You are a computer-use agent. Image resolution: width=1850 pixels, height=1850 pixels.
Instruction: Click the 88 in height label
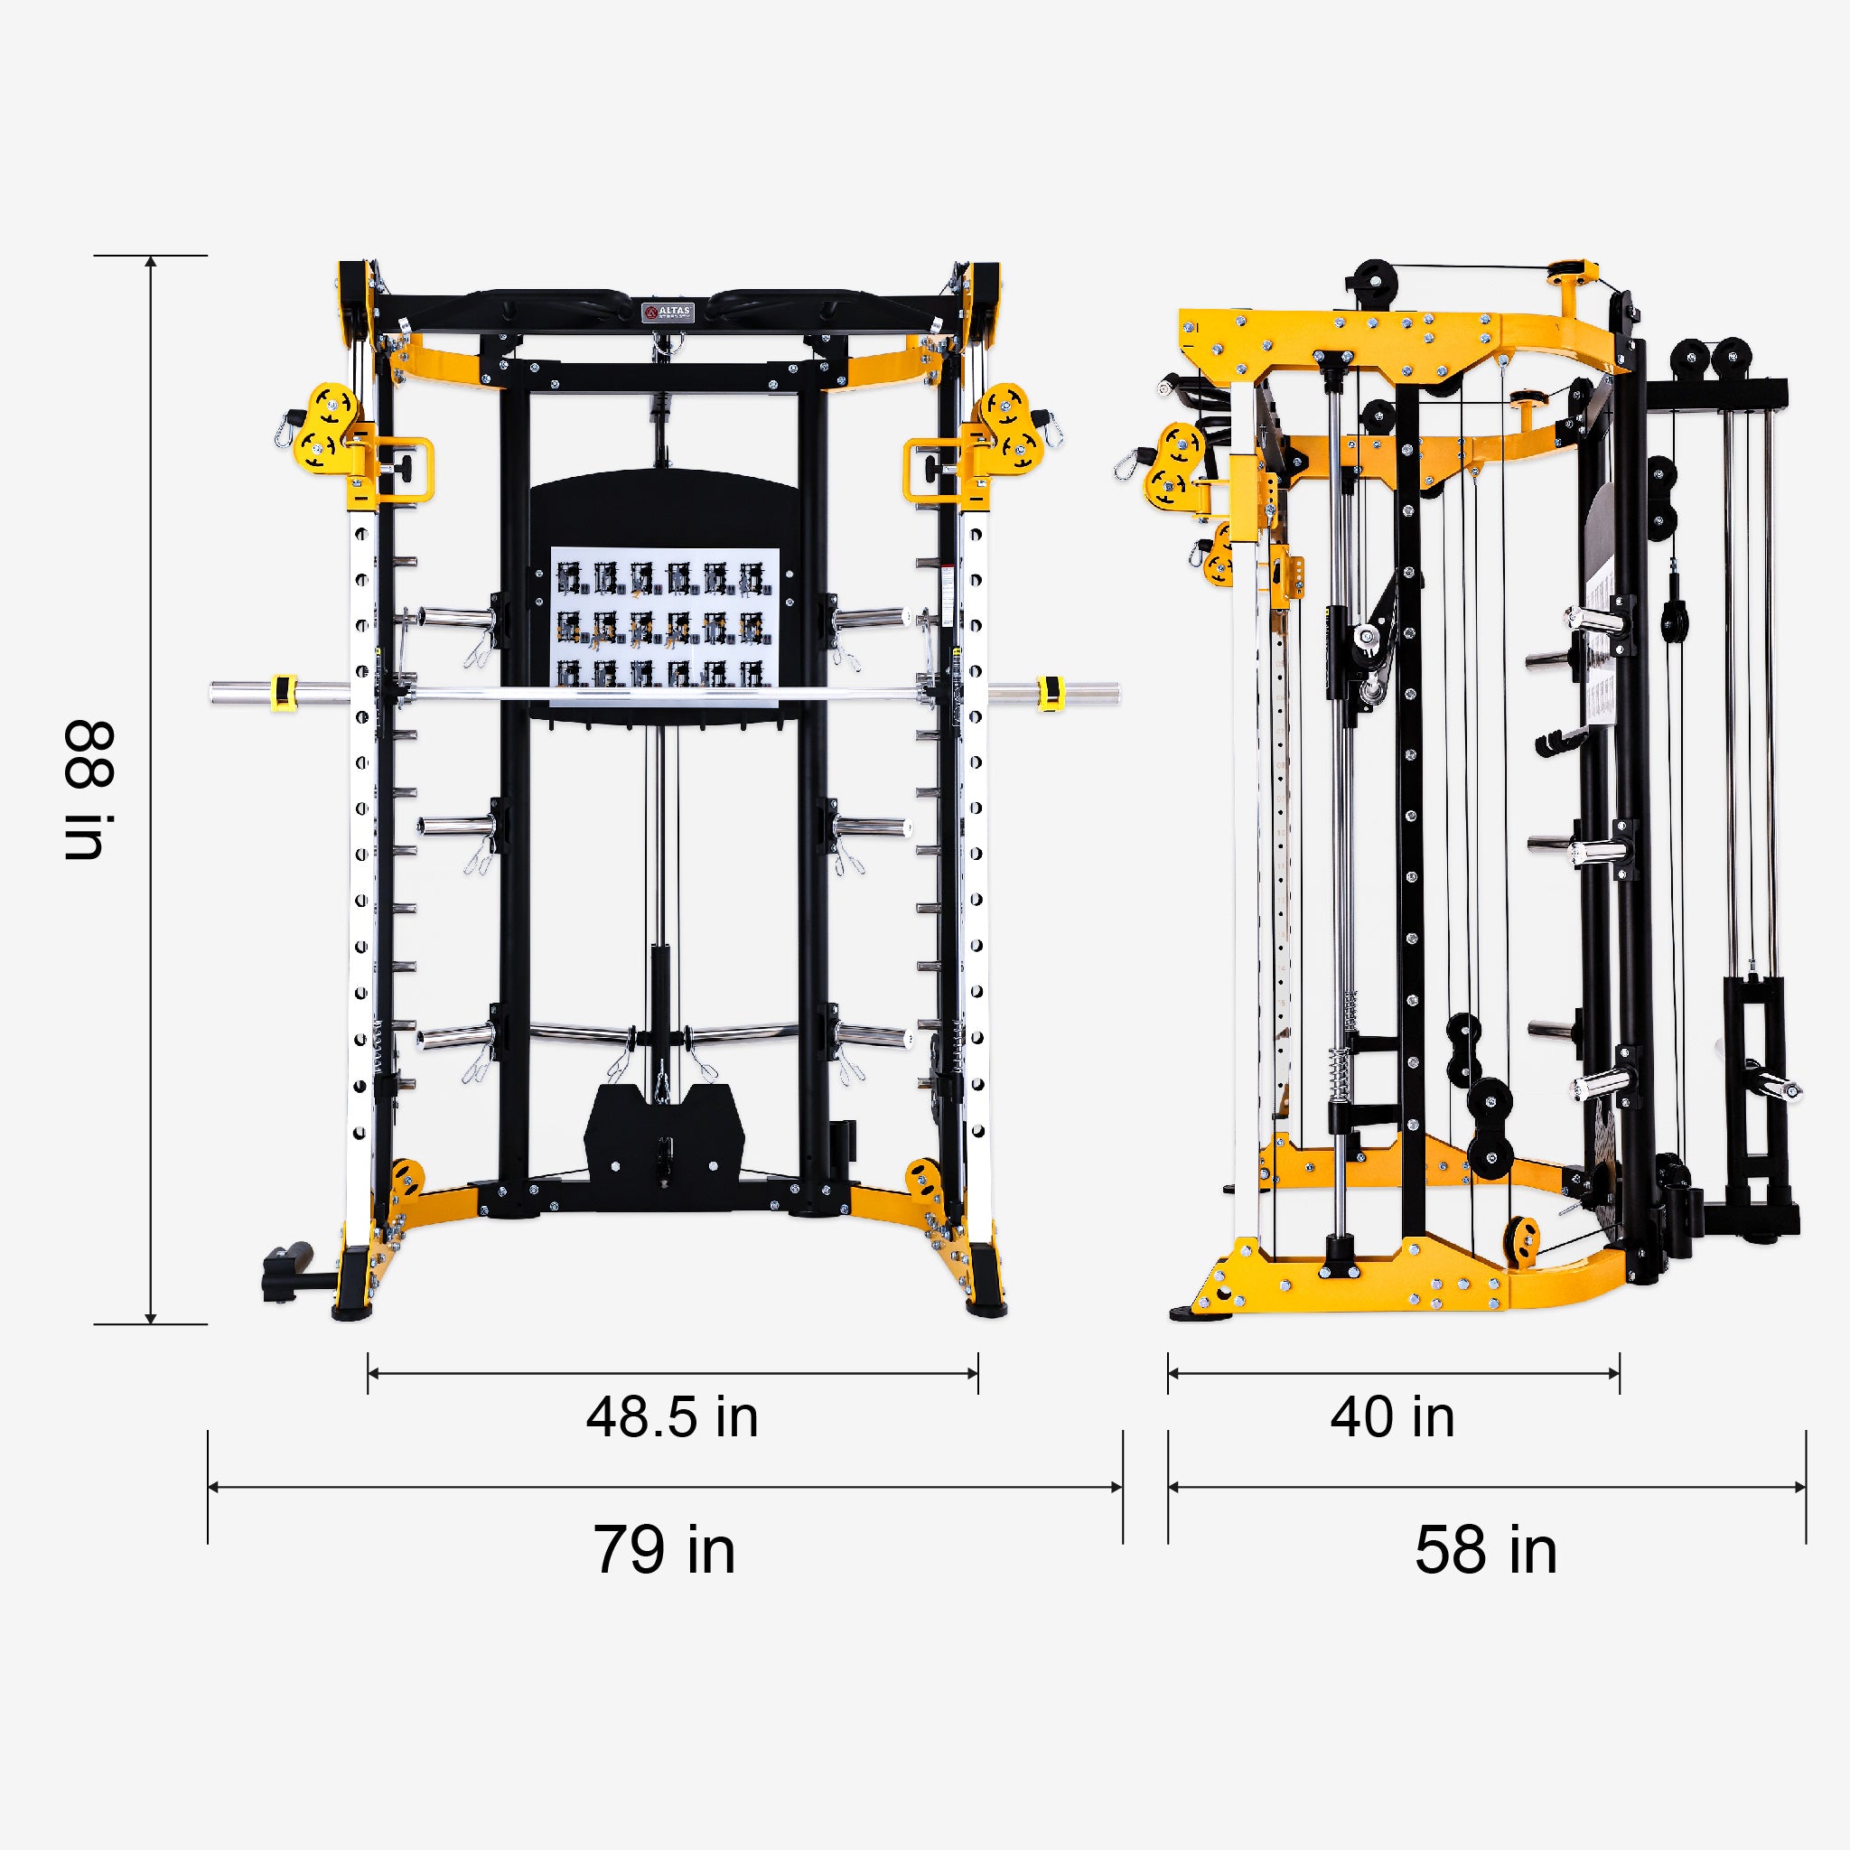[89, 790]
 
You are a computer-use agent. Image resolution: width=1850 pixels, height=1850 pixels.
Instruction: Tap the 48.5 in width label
[672, 1417]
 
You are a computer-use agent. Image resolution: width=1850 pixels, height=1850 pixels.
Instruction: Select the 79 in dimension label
[664, 1550]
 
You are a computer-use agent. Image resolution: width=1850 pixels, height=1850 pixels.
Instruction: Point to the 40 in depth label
[1392, 1417]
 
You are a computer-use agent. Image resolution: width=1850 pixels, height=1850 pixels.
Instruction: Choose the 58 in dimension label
[1485, 1550]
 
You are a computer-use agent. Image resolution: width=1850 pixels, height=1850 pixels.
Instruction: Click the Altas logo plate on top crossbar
[668, 313]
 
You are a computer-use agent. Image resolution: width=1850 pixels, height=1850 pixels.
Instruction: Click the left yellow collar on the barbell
[284, 692]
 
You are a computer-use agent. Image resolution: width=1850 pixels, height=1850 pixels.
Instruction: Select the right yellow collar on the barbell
[1050, 692]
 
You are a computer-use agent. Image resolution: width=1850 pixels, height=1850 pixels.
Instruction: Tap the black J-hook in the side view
[1559, 741]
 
